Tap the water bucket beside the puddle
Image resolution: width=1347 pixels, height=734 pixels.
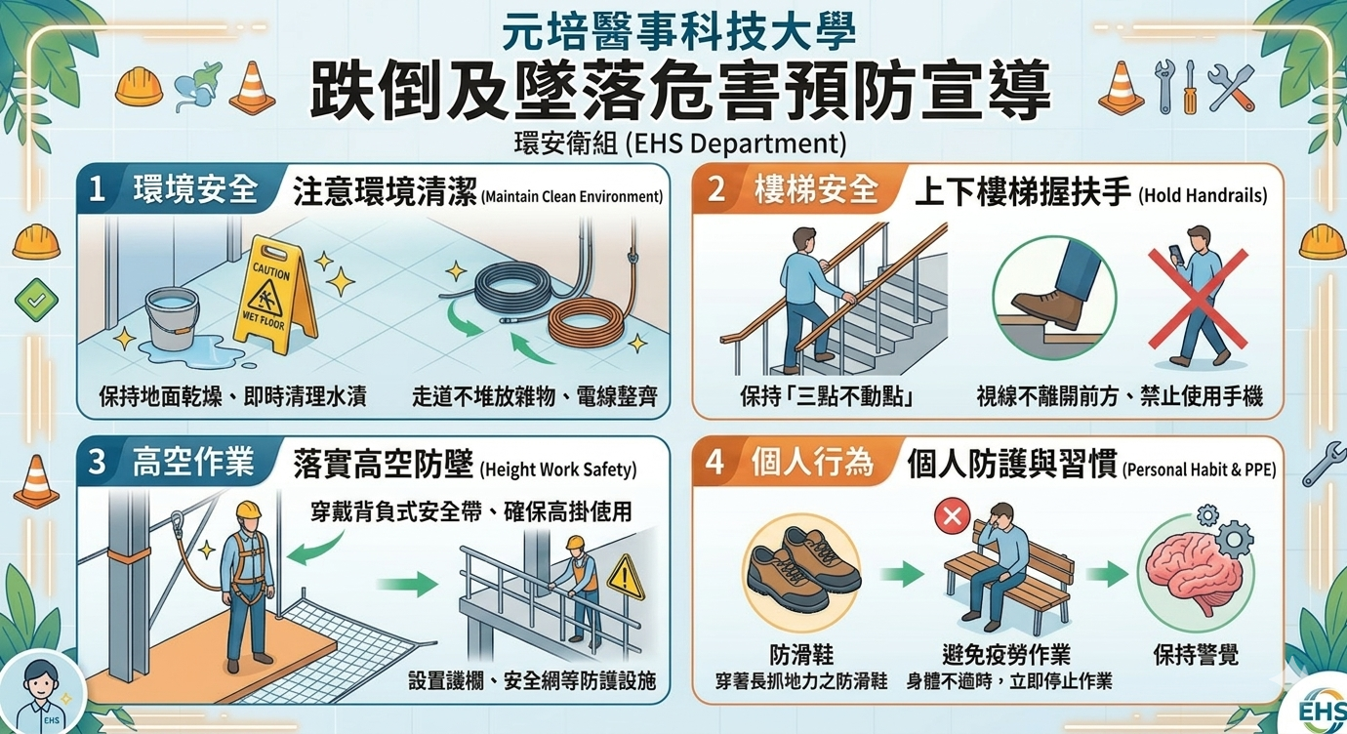tap(172, 317)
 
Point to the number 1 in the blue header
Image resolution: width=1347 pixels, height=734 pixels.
tap(97, 190)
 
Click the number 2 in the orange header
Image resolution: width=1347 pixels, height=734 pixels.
tap(715, 189)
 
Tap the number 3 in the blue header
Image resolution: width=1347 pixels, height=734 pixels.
tap(97, 463)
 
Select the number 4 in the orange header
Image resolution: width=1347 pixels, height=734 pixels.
tap(715, 463)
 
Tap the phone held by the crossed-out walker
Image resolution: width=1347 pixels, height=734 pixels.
tap(1175, 253)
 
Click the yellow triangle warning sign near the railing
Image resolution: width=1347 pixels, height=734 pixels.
tap(626, 578)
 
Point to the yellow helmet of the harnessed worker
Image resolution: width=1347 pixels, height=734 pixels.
tap(248, 510)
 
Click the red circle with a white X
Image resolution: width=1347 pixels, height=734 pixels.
tap(953, 516)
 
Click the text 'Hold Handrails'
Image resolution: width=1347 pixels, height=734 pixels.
tap(1203, 196)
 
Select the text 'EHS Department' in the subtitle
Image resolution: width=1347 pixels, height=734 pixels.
tap(735, 143)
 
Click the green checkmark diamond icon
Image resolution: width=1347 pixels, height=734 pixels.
tap(36, 300)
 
